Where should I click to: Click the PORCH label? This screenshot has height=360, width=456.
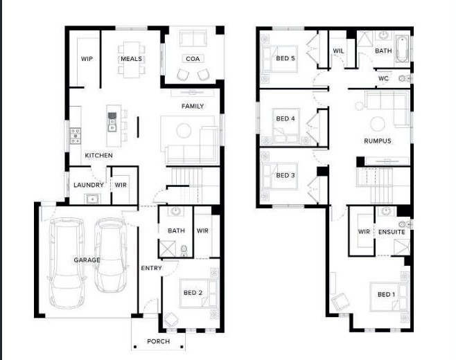[x=158, y=341]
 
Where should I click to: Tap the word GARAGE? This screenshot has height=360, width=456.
[x=87, y=260]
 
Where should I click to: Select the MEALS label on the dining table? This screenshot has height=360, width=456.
[x=132, y=59]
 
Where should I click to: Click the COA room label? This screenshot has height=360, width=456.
[x=193, y=59]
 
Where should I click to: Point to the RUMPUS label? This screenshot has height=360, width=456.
[x=378, y=141]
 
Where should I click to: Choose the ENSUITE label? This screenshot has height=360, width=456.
[x=392, y=232]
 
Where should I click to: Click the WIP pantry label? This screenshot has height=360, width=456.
[x=87, y=59]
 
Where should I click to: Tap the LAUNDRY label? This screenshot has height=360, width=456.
[x=89, y=185]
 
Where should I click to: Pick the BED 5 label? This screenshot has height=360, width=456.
[x=286, y=58]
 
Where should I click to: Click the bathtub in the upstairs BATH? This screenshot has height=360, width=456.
[x=402, y=48]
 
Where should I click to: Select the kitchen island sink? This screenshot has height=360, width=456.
[x=112, y=122]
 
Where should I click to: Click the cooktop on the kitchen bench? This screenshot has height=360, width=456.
[x=76, y=136]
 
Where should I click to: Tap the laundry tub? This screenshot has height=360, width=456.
[x=92, y=199]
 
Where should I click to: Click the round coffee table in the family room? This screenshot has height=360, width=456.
[x=184, y=130]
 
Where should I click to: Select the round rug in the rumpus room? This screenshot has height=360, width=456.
[x=378, y=124]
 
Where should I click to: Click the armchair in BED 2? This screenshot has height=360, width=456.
[x=170, y=320]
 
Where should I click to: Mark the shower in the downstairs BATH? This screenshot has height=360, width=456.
[x=168, y=249]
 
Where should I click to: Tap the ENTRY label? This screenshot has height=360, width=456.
[x=151, y=268]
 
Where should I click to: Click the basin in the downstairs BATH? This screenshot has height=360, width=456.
[x=175, y=211]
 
